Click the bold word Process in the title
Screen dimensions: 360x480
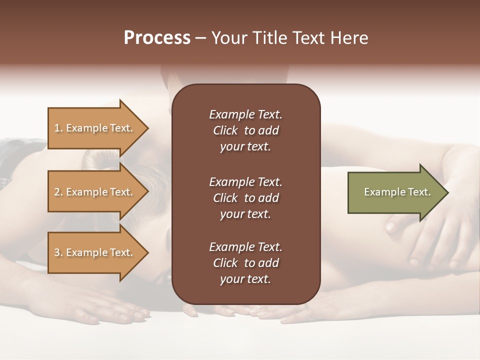(x=157, y=38)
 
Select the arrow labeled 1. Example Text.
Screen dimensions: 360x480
(x=95, y=128)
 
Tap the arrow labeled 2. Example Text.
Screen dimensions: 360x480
(x=95, y=192)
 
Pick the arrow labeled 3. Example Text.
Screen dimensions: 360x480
(x=95, y=252)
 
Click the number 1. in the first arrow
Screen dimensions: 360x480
(x=58, y=128)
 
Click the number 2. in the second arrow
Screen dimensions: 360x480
(x=58, y=192)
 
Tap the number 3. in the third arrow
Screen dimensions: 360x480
(x=58, y=252)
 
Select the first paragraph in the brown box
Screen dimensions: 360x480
(x=245, y=130)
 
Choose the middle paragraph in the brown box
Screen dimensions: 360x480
(x=245, y=198)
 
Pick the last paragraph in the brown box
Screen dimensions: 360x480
(x=245, y=263)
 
